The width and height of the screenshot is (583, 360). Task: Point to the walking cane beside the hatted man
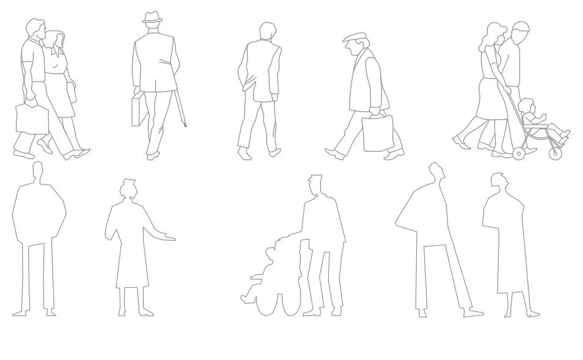coord(181,110)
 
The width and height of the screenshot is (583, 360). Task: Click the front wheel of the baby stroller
coord(519,153)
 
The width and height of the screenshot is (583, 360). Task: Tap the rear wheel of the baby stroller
coord(555,153)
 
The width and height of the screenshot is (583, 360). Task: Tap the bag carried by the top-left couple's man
coord(30,118)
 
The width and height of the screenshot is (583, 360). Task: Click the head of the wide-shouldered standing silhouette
coord(37,170)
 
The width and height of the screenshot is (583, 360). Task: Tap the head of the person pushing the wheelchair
coord(315,184)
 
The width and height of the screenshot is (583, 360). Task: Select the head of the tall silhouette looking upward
coord(435,171)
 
